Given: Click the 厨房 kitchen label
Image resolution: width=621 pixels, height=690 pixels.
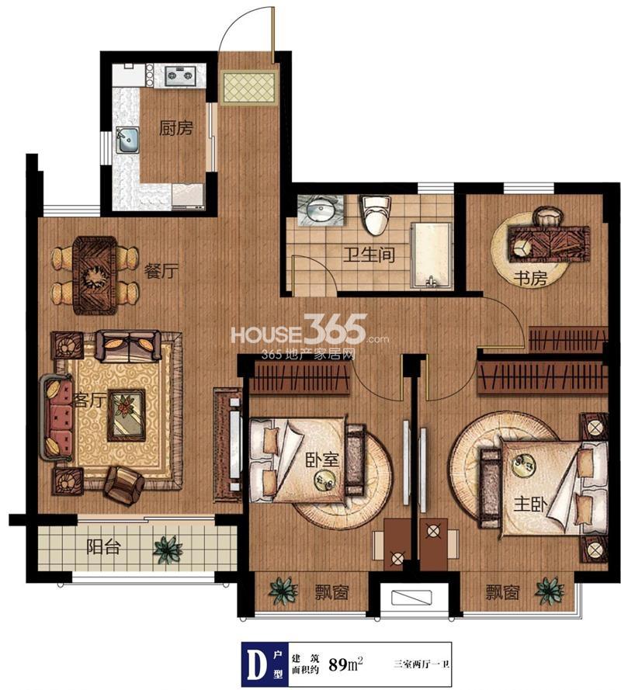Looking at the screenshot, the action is (x=176, y=129).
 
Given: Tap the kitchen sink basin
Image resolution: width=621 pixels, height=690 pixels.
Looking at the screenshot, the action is (x=127, y=140).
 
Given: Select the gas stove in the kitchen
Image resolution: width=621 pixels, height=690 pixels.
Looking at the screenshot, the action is (x=180, y=75).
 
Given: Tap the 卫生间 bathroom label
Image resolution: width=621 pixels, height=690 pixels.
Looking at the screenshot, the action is (x=369, y=255).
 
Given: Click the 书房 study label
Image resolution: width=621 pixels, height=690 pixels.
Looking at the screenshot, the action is (x=530, y=278).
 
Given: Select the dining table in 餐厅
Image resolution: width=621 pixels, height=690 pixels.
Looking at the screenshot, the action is (x=95, y=276).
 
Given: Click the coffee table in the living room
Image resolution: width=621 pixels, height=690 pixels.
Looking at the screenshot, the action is (x=127, y=415).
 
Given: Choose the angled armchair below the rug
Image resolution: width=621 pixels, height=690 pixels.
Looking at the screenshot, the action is (x=124, y=485).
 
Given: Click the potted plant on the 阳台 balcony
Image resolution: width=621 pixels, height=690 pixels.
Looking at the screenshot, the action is (x=168, y=548).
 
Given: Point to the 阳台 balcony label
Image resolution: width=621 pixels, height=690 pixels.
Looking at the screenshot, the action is (x=103, y=547).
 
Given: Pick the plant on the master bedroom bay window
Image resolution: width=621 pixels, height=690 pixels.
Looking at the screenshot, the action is (x=550, y=591).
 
